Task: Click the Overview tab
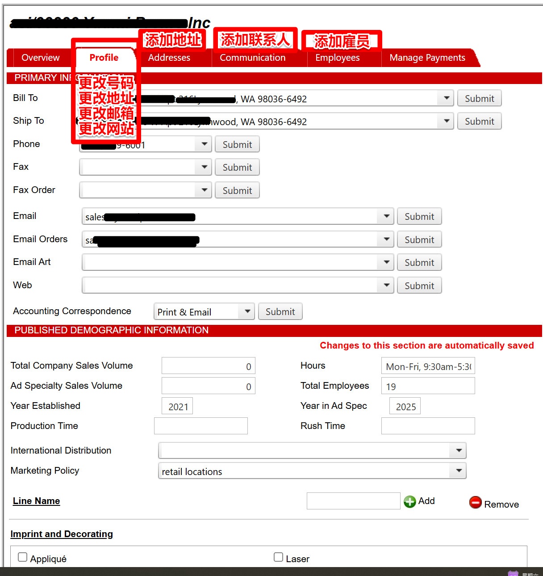click(40, 58)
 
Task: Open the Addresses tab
click(169, 58)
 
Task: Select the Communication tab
click(252, 58)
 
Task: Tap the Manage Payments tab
click(427, 58)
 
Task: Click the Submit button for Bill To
click(479, 98)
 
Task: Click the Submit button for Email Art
click(419, 262)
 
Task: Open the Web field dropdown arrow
click(386, 285)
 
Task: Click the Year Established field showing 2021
click(177, 406)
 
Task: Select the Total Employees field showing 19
click(427, 386)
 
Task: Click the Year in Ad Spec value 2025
click(405, 406)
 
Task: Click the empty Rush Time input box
click(427, 426)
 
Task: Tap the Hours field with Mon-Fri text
click(427, 366)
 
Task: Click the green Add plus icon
click(409, 501)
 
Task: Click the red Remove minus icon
click(476, 503)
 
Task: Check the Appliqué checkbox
click(22, 557)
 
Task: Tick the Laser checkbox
click(278, 557)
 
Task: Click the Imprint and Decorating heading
click(62, 534)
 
